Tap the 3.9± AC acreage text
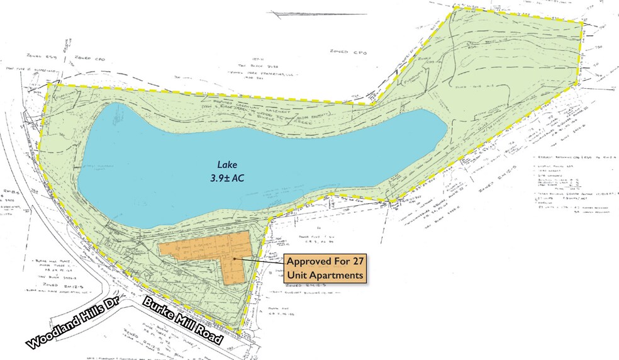coord(228,178)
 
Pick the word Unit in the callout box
coord(298,275)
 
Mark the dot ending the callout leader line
coord(235,257)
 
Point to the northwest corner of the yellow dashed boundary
coord(48,85)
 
